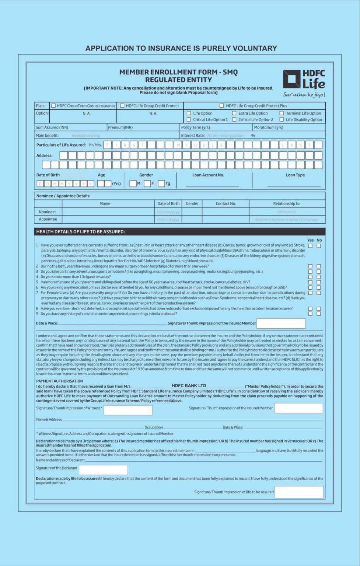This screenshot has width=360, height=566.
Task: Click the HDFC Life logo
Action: coord(304,83)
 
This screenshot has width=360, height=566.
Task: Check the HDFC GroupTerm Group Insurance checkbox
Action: coord(53,106)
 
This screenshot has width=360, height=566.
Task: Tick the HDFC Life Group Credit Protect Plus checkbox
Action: coord(221,106)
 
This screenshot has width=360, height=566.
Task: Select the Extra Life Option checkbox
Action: coord(234,113)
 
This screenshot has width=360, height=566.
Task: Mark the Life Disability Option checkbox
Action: coord(282,120)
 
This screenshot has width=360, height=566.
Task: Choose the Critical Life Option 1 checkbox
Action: coord(189,120)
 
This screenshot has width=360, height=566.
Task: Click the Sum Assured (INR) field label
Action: coord(52,127)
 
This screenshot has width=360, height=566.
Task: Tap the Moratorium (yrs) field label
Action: coord(269,127)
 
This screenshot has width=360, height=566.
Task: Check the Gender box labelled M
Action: coord(133,184)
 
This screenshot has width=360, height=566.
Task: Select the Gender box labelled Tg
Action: coord(161,184)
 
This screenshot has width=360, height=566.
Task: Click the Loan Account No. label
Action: coord(208,175)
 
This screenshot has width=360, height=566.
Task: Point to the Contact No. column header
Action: coord(226,203)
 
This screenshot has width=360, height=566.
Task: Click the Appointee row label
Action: coord(48,219)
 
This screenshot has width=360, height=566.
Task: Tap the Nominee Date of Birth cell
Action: coord(168,212)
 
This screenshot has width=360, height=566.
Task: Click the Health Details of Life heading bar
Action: coord(180,232)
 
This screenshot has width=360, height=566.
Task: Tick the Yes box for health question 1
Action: coord(310,246)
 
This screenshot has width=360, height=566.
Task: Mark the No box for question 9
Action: coord(319,314)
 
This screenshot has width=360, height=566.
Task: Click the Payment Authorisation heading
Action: coord(59,381)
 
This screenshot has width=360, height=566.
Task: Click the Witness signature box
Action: coord(128,410)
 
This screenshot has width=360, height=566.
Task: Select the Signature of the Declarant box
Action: coord(104,470)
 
